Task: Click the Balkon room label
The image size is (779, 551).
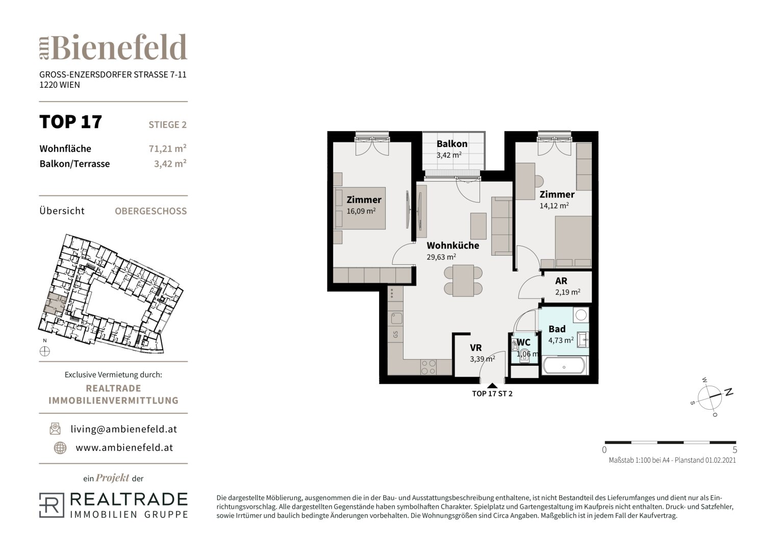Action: coord(452,144)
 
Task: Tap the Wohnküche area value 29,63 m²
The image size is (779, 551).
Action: coord(441,257)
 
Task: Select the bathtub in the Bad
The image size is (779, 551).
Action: coord(564,365)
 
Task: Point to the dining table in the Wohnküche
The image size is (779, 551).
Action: coord(463,281)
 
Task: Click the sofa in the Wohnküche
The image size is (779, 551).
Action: coord(501,226)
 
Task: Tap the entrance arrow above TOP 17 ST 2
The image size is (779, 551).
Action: coord(492,385)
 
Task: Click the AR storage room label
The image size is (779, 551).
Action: coord(561,281)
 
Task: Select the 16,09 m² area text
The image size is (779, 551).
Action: coord(361,211)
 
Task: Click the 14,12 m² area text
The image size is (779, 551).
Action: coord(554,206)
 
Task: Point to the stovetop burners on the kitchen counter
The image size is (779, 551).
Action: coord(428,367)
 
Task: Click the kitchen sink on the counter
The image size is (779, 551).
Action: coord(396,318)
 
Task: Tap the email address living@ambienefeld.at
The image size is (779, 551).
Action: coord(124,429)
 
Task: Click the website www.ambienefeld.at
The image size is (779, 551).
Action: coord(124,448)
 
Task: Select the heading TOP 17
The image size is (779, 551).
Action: coord(70,122)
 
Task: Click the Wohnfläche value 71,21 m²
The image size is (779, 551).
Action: coord(168,148)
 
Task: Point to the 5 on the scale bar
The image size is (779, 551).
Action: coord(735,450)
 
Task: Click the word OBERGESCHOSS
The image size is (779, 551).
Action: coord(151,211)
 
